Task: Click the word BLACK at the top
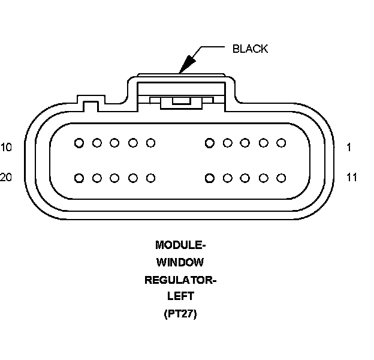pos(250,49)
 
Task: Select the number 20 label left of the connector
pos(6,178)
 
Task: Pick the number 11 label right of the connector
pos(352,178)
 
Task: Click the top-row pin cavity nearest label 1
pos(280,143)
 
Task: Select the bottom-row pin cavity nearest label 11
pos(280,178)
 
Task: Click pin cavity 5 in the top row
pos(209,143)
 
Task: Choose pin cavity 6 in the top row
pos(151,143)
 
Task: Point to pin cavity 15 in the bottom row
pos(209,178)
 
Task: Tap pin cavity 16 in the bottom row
pos(151,178)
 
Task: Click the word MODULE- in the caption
pos(180,245)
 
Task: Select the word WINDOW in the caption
pos(180,262)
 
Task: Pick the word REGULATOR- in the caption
pos(180,280)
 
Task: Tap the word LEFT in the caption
pos(180,296)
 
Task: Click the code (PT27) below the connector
pos(180,314)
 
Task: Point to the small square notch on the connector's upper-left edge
pos(90,106)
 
